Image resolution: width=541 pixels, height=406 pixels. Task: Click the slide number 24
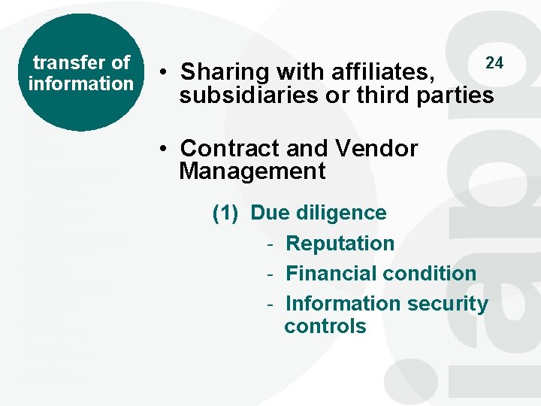494,62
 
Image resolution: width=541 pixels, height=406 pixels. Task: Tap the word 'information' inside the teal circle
80,83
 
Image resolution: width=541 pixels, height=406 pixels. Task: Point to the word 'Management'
252,171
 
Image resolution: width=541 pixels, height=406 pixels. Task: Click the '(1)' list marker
225,213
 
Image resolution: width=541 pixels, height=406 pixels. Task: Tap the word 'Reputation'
340,244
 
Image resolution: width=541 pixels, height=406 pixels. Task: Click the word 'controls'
325,326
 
